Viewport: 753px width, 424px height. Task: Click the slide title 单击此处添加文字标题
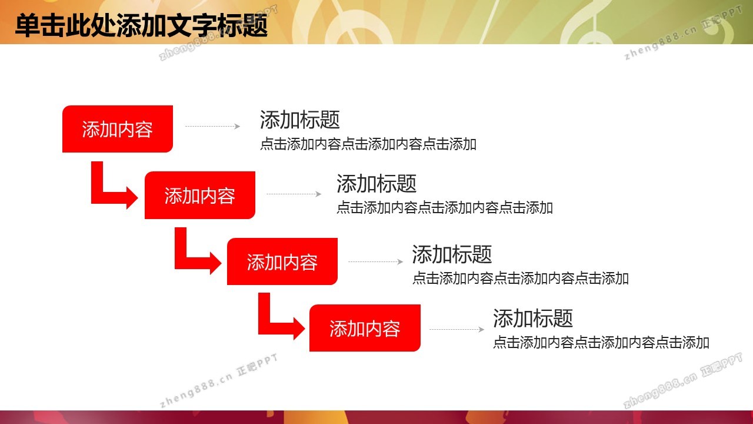coord(141,25)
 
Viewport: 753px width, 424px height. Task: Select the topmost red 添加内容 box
coord(118,129)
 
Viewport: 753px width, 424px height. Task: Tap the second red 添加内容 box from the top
coord(200,195)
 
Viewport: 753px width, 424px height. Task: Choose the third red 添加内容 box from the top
coord(282,261)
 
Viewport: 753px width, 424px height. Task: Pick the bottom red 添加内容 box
coord(365,328)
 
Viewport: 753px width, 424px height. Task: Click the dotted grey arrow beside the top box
coord(213,126)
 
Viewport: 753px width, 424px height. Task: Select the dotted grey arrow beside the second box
coord(294,194)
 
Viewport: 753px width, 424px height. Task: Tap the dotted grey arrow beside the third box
coord(376,261)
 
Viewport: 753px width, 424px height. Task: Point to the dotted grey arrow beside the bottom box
coord(457,329)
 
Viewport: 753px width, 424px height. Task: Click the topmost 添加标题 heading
coord(300,120)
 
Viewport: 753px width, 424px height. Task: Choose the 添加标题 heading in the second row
coord(376,184)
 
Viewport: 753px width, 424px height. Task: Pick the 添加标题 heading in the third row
coord(452,254)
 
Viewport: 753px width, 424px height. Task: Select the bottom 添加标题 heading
coord(533,319)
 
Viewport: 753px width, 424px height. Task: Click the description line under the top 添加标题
coord(368,144)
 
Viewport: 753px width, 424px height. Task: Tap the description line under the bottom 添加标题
coord(601,343)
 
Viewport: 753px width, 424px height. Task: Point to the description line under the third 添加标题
coord(521,279)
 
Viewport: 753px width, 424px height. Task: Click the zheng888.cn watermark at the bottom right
coord(682,380)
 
